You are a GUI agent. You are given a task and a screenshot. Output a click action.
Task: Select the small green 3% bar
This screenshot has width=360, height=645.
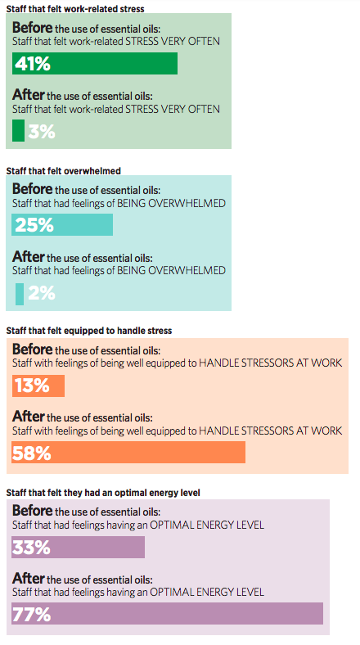18,131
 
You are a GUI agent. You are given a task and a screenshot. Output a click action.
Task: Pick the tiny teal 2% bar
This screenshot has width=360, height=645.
20,292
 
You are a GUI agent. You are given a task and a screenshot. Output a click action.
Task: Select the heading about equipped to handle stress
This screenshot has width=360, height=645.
88,331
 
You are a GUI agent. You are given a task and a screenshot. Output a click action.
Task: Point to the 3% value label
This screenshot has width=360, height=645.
41,131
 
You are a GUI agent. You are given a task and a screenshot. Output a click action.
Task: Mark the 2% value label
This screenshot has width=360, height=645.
41,292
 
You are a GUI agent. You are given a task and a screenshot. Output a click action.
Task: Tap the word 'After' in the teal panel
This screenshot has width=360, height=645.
28,256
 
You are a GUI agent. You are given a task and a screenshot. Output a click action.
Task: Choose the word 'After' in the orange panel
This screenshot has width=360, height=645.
28,417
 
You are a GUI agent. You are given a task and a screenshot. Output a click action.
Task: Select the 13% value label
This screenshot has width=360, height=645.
31,386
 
